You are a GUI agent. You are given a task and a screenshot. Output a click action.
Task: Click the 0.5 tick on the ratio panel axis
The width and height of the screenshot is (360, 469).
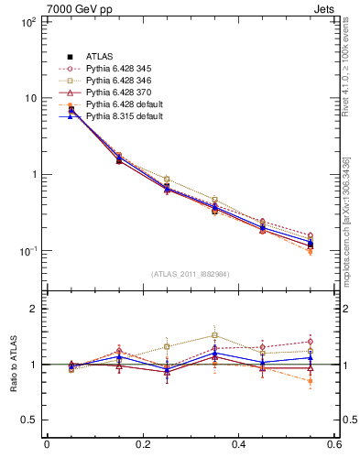[x=30, y=420]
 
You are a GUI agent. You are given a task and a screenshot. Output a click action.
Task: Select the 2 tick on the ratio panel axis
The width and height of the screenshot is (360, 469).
[x=34, y=310]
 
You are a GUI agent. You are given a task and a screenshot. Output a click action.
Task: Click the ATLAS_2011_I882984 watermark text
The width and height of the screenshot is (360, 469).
[x=190, y=274]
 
